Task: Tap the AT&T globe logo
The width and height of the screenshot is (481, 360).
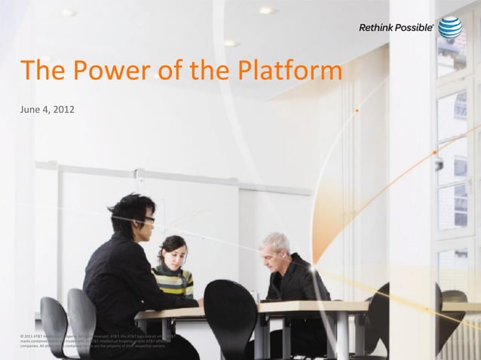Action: [450, 27]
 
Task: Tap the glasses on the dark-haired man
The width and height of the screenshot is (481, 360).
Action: [149, 219]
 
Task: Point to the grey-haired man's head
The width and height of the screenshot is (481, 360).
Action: [275, 246]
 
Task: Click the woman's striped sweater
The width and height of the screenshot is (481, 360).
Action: [173, 280]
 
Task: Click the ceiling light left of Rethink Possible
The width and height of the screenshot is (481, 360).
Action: [266, 11]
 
